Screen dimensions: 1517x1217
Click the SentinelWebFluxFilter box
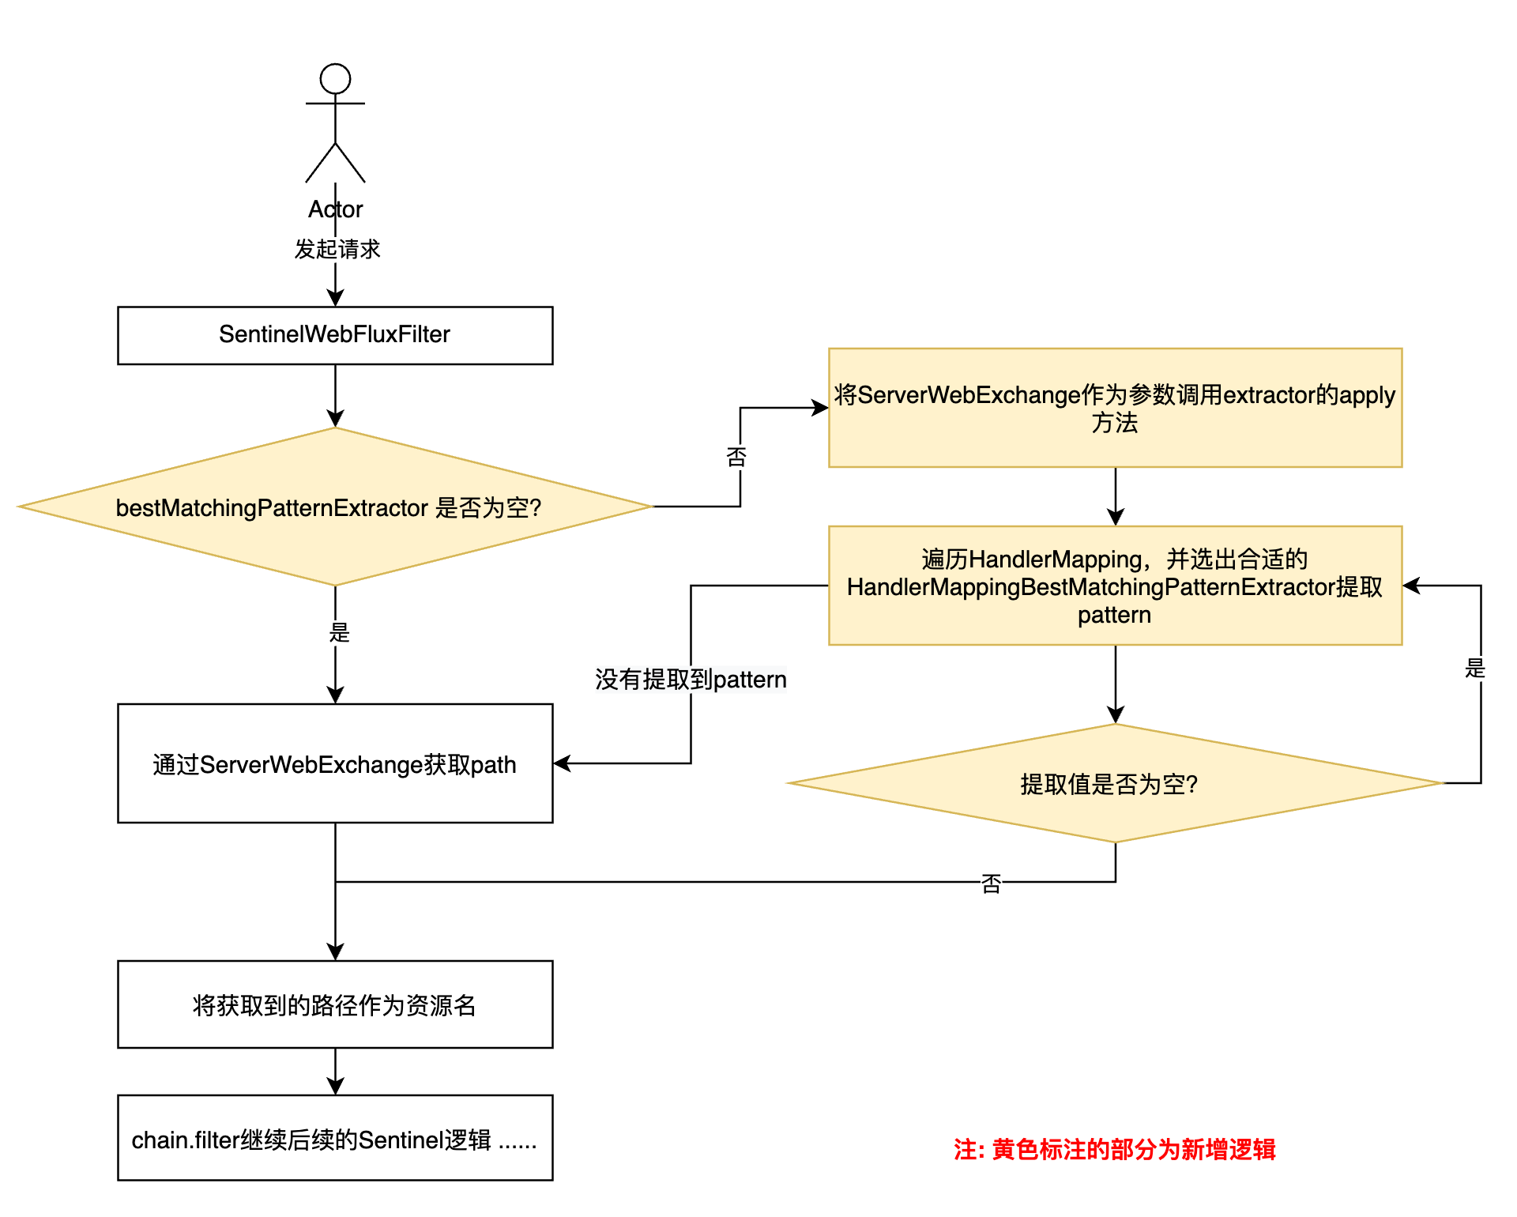tap(335, 335)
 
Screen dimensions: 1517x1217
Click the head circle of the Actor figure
tap(335, 79)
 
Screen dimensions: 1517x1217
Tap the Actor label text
tap(335, 209)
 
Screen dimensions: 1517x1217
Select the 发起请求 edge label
tap(337, 249)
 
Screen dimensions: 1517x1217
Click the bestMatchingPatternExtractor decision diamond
tap(335, 507)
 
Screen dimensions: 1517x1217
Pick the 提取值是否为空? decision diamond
tap(1116, 783)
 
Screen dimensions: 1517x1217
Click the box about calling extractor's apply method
tap(1116, 408)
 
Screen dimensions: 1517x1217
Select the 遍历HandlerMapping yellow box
tap(1116, 586)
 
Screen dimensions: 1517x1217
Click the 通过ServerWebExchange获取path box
tap(335, 763)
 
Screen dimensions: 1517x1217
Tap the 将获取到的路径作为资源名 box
tap(335, 1004)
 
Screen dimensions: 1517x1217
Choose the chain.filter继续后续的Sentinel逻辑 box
tap(335, 1138)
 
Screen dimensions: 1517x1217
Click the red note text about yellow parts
tap(1115, 1149)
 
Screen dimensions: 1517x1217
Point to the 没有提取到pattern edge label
tap(691, 680)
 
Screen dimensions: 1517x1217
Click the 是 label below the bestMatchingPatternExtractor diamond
tap(339, 632)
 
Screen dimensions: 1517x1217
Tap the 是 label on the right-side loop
tap(1475, 669)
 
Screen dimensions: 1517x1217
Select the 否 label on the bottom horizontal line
tap(991, 884)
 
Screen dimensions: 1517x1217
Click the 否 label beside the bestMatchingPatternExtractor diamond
tap(736, 457)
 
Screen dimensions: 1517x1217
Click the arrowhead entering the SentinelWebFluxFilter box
tap(335, 298)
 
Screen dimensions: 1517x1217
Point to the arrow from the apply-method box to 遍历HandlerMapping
tap(1116, 496)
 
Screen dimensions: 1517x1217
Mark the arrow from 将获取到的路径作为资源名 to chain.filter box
tap(335, 1072)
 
